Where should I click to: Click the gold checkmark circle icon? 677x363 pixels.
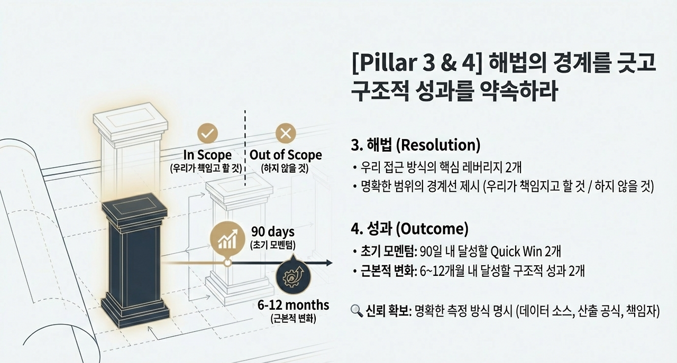(207, 134)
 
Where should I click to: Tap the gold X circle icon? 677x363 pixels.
(286, 134)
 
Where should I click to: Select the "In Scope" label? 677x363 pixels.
(207, 155)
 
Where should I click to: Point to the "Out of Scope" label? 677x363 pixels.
(286, 155)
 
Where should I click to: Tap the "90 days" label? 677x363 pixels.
(273, 232)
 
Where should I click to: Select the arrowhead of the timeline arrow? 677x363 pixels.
(328, 263)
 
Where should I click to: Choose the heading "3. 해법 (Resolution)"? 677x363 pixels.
(415, 144)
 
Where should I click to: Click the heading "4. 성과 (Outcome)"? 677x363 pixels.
(409, 229)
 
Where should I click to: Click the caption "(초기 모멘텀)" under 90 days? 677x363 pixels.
(273, 246)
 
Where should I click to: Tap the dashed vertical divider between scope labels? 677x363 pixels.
(245, 148)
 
